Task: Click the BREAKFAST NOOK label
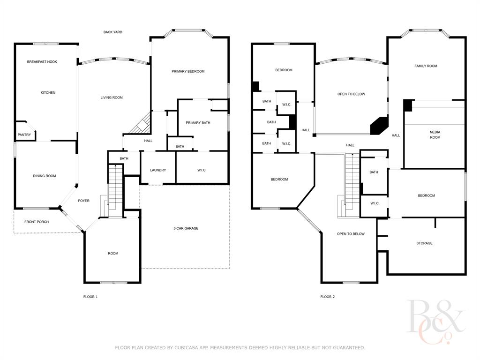[42, 62]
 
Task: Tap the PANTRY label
[24, 135]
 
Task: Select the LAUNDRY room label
[158, 170]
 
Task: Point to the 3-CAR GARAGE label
[186, 228]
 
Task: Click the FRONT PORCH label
[37, 222]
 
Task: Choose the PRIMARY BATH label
[198, 123]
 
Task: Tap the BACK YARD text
[112, 32]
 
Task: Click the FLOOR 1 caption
[90, 297]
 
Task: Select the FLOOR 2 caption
[327, 297]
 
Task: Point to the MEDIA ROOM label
[435, 135]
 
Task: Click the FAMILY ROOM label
[426, 66]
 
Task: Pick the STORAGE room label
[424, 243]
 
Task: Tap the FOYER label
[83, 201]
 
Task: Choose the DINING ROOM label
[45, 176]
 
